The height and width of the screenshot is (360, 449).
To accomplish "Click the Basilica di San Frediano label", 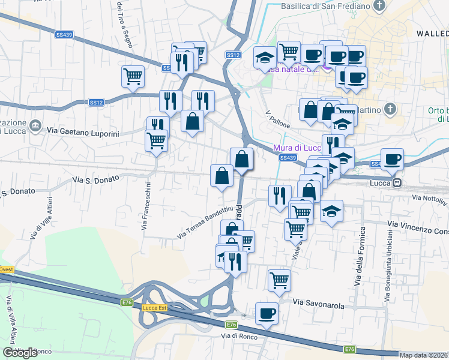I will (325, 7).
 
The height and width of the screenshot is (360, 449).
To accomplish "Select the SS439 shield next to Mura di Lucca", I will (288, 158).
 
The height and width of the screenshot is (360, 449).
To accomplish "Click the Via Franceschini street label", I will (146, 207).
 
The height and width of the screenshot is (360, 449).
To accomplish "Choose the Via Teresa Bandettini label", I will (204, 223).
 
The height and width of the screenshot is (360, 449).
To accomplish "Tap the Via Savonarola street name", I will (319, 305).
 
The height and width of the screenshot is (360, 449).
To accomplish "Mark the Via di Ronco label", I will (239, 336).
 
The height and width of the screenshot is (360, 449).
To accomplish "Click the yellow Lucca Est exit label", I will (154, 308).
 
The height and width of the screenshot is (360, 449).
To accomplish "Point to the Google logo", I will (20, 353).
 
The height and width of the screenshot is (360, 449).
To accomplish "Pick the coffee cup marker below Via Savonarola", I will (267, 313).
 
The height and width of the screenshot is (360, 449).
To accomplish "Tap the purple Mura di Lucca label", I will (297, 148).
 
